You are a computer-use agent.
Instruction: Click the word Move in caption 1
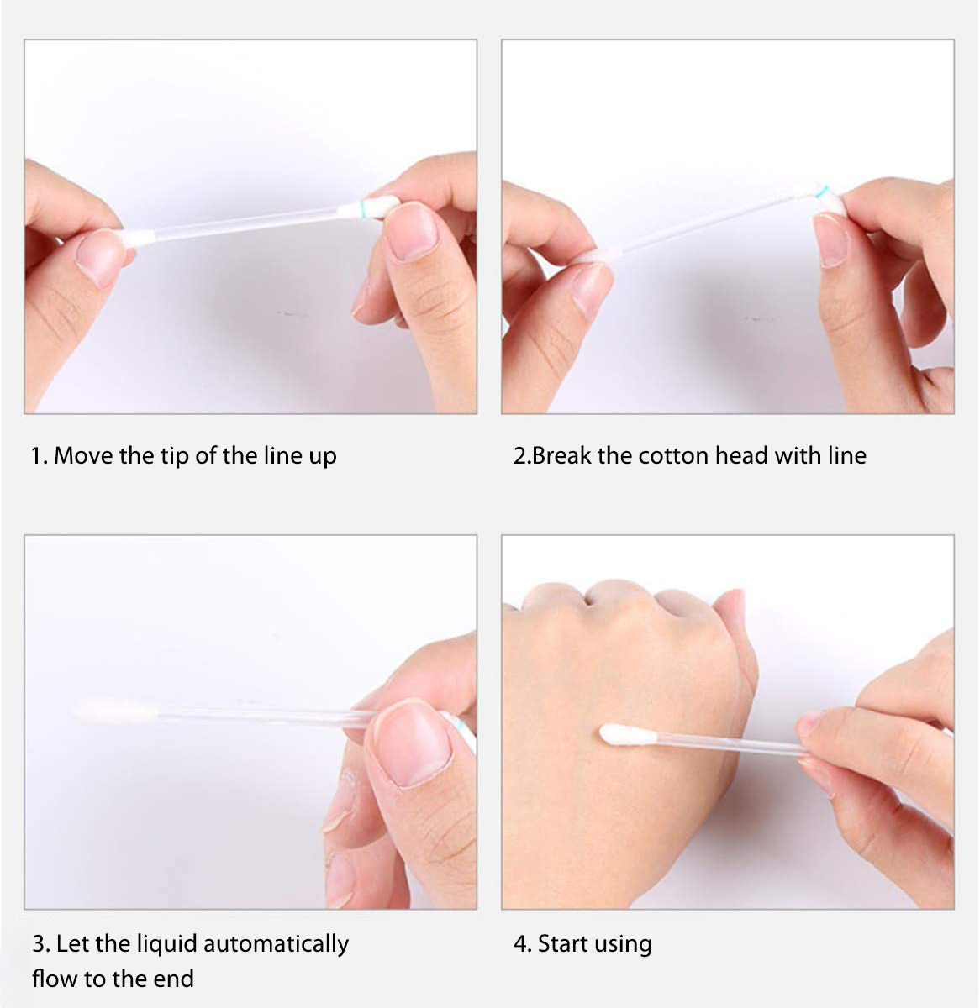(x=83, y=456)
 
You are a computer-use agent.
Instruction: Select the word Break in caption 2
(x=561, y=456)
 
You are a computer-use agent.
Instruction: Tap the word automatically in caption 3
(x=276, y=944)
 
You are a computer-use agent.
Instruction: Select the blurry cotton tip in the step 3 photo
(x=115, y=709)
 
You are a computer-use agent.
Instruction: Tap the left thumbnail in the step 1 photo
(x=99, y=257)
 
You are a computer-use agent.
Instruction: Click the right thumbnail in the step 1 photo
(x=411, y=231)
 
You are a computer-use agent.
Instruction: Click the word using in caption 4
(x=622, y=945)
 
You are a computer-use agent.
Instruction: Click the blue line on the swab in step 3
(x=461, y=727)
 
